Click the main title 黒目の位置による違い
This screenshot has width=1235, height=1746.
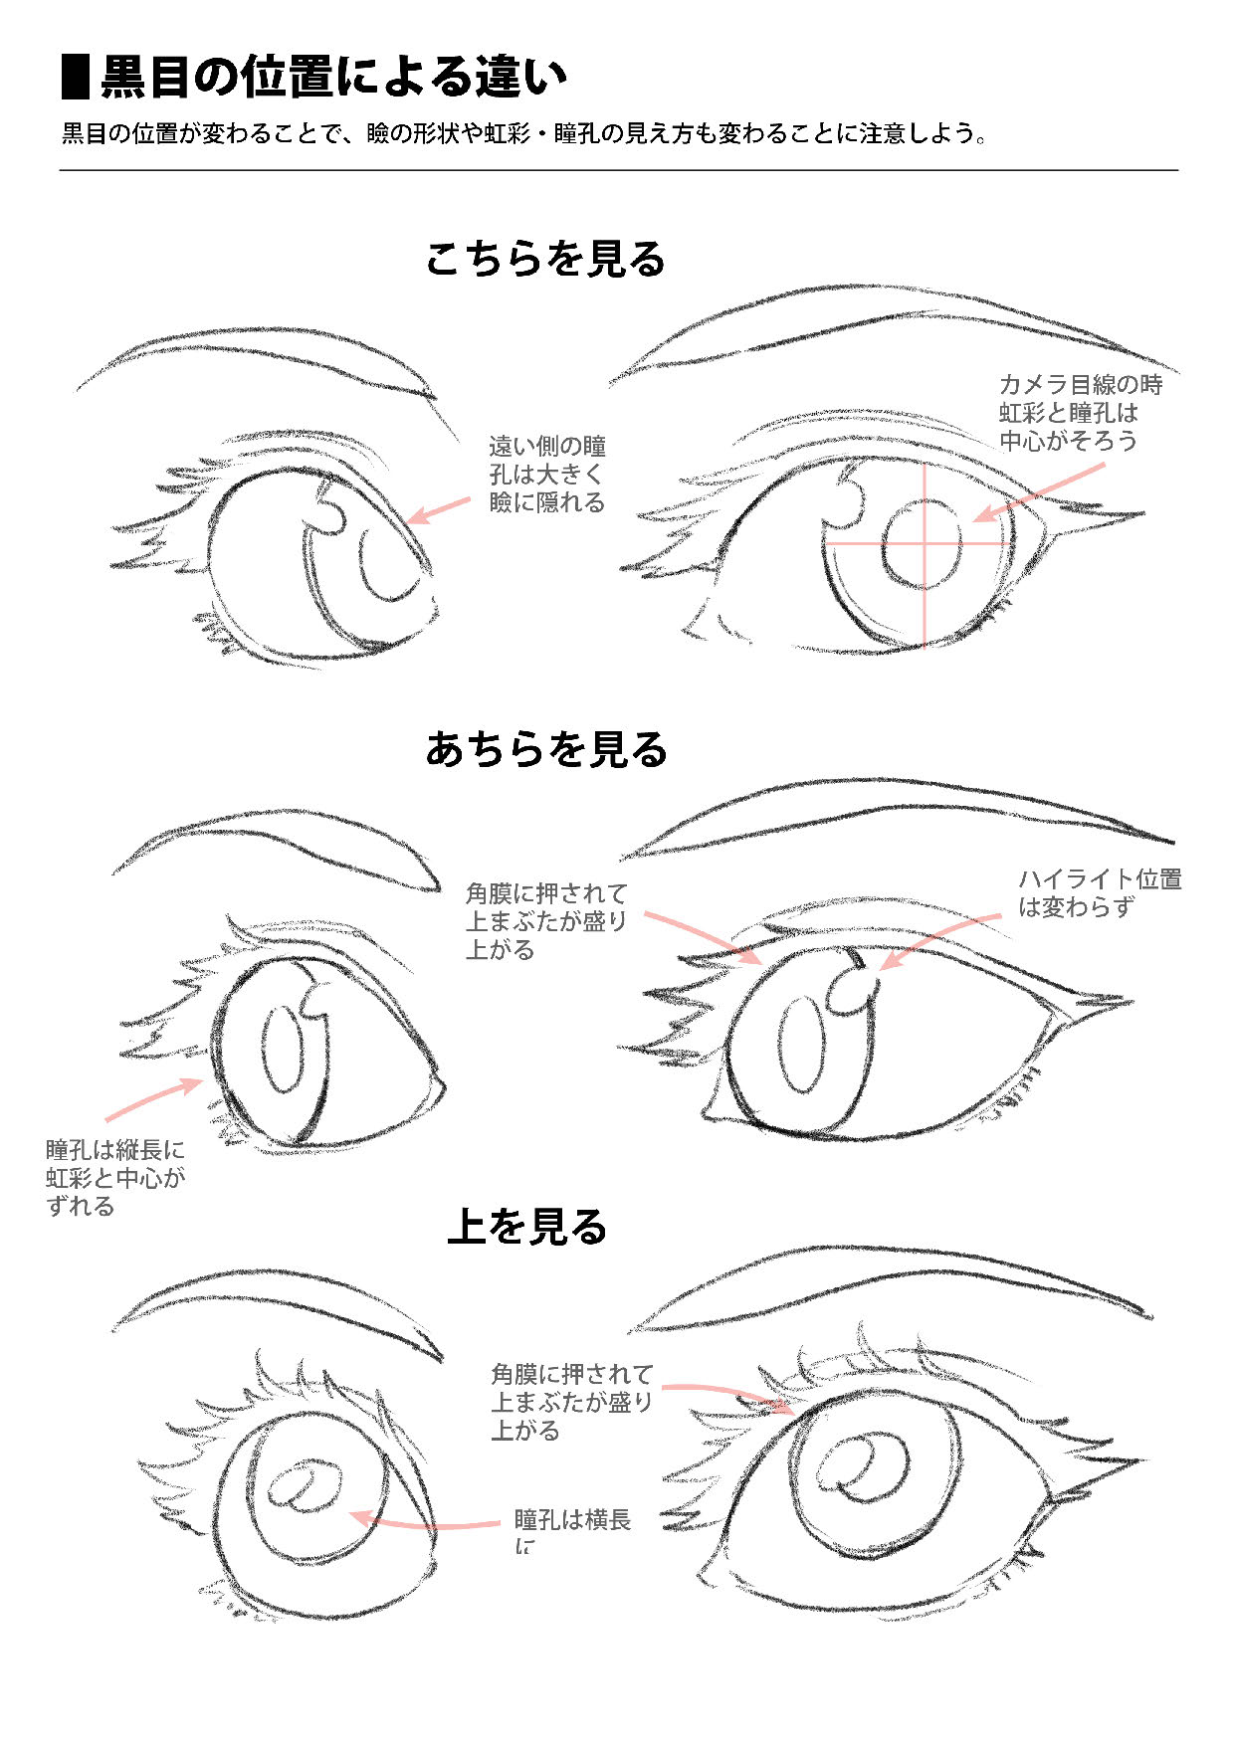tap(333, 78)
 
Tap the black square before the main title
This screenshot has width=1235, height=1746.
tap(76, 78)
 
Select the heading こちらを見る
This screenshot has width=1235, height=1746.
tap(545, 260)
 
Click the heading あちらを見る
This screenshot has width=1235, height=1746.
tap(546, 749)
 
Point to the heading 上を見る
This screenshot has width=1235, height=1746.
tap(527, 1227)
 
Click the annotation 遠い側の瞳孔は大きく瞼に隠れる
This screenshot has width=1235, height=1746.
tap(547, 475)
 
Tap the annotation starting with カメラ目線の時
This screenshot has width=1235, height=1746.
tap(1080, 412)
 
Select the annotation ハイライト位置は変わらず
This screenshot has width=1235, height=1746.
tap(1099, 892)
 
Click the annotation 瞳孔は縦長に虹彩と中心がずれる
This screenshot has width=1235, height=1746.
tap(115, 1177)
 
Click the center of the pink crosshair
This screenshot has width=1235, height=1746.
tap(925, 543)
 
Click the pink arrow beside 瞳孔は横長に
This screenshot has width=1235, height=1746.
tap(423, 1522)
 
